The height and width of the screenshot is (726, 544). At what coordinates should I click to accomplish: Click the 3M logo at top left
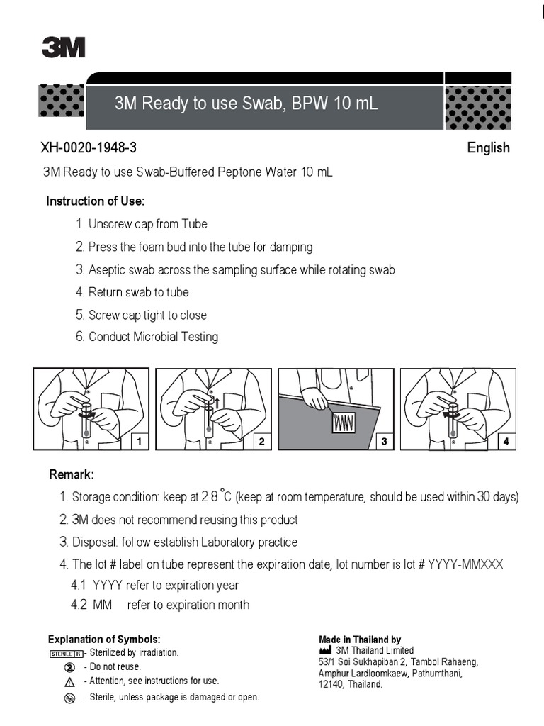tap(63, 47)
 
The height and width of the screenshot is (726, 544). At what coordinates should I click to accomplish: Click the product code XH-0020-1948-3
tap(89, 148)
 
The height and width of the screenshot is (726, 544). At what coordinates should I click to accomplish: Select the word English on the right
tap(488, 148)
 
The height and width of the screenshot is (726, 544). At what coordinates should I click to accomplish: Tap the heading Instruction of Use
tap(95, 201)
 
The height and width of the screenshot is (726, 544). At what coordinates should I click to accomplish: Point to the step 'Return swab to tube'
tap(138, 292)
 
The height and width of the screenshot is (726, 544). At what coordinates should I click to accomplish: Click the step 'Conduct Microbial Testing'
tap(153, 337)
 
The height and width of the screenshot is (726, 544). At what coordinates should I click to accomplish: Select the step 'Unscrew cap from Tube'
tap(147, 224)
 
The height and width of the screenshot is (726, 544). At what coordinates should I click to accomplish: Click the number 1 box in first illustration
tap(140, 442)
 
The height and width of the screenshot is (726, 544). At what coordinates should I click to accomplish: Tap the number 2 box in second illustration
tap(261, 442)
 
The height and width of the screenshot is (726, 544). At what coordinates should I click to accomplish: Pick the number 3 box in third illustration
tap(384, 442)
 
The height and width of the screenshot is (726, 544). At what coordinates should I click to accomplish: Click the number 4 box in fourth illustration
tap(506, 442)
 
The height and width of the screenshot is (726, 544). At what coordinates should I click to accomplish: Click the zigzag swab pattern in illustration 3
tap(344, 423)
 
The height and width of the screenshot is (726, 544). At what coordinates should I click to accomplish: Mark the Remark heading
tap(71, 474)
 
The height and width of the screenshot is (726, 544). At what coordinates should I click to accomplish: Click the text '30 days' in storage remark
tap(498, 497)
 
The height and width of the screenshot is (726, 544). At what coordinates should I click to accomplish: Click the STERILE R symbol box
tap(66, 653)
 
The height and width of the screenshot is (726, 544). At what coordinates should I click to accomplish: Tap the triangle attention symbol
tap(69, 682)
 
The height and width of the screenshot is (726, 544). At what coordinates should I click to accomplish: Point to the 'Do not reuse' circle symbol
tap(69, 667)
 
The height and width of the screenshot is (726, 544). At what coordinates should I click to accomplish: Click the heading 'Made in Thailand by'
tap(360, 640)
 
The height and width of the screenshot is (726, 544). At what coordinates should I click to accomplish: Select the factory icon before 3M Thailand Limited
tap(325, 650)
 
